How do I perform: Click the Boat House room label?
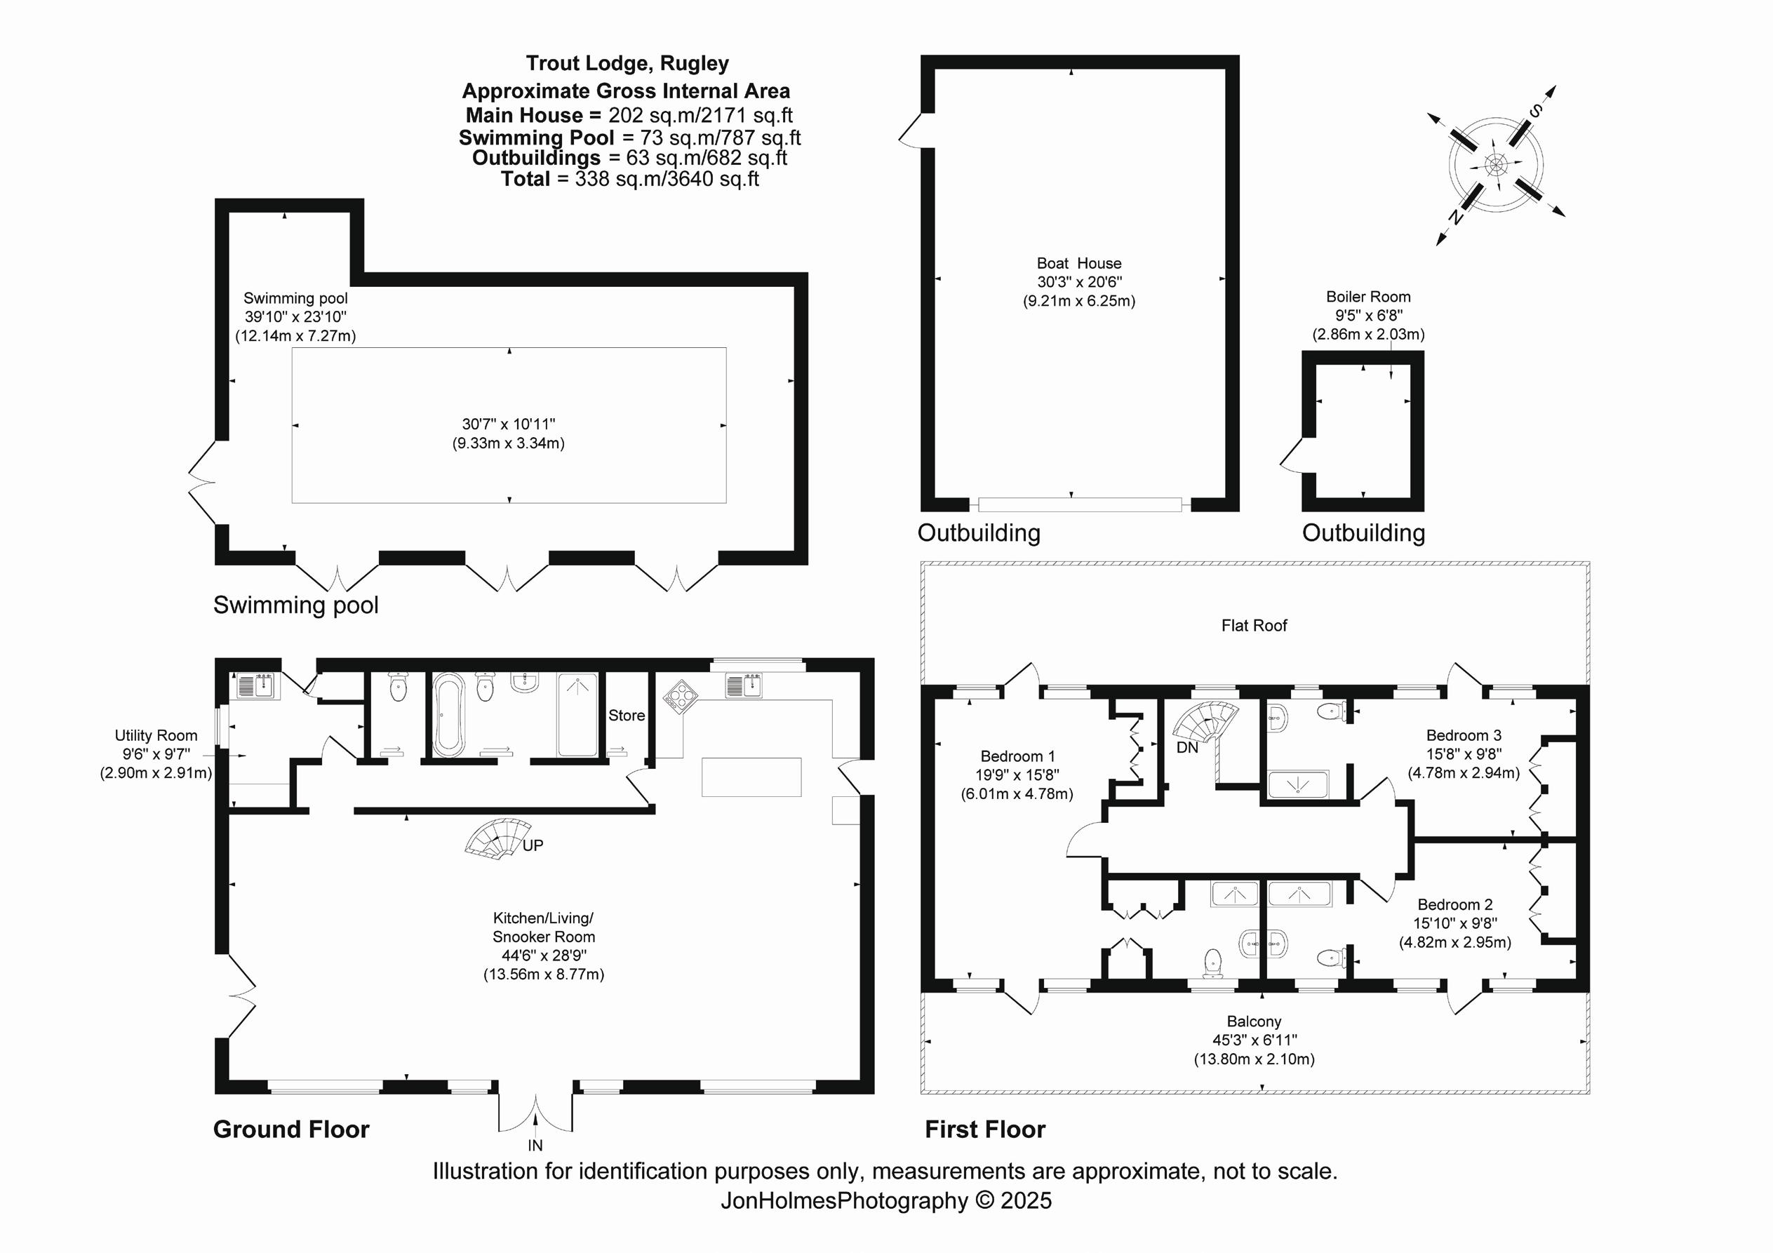tap(1079, 263)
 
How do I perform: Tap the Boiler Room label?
tap(1367, 297)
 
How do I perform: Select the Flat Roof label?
tap(1254, 625)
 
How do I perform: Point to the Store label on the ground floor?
tap(627, 715)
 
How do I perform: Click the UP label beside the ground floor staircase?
tap(533, 845)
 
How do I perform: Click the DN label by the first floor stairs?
tap(1187, 747)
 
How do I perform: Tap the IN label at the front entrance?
tap(535, 1146)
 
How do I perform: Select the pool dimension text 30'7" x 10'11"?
tap(509, 424)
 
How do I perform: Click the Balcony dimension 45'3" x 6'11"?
tap(1254, 1040)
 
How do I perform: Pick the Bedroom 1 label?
tap(1017, 756)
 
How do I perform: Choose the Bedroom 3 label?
tap(1464, 735)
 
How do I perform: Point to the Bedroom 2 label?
tap(1455, 904)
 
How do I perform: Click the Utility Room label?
tap(156, 735)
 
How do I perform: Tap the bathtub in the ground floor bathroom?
tap(448, 715)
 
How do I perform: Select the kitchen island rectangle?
tap(751, 777)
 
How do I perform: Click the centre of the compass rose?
tap(1496, 165)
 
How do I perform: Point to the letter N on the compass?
tap(1456, 216)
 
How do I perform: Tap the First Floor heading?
tap(984, 1130)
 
